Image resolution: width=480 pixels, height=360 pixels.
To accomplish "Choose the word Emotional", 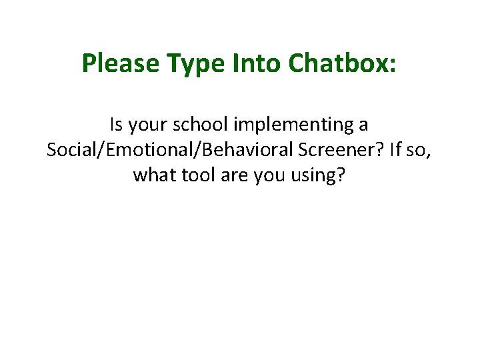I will (143, 150).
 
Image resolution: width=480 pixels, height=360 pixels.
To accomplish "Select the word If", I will (396, 150).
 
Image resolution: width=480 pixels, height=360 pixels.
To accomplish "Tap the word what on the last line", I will (151, 175).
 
